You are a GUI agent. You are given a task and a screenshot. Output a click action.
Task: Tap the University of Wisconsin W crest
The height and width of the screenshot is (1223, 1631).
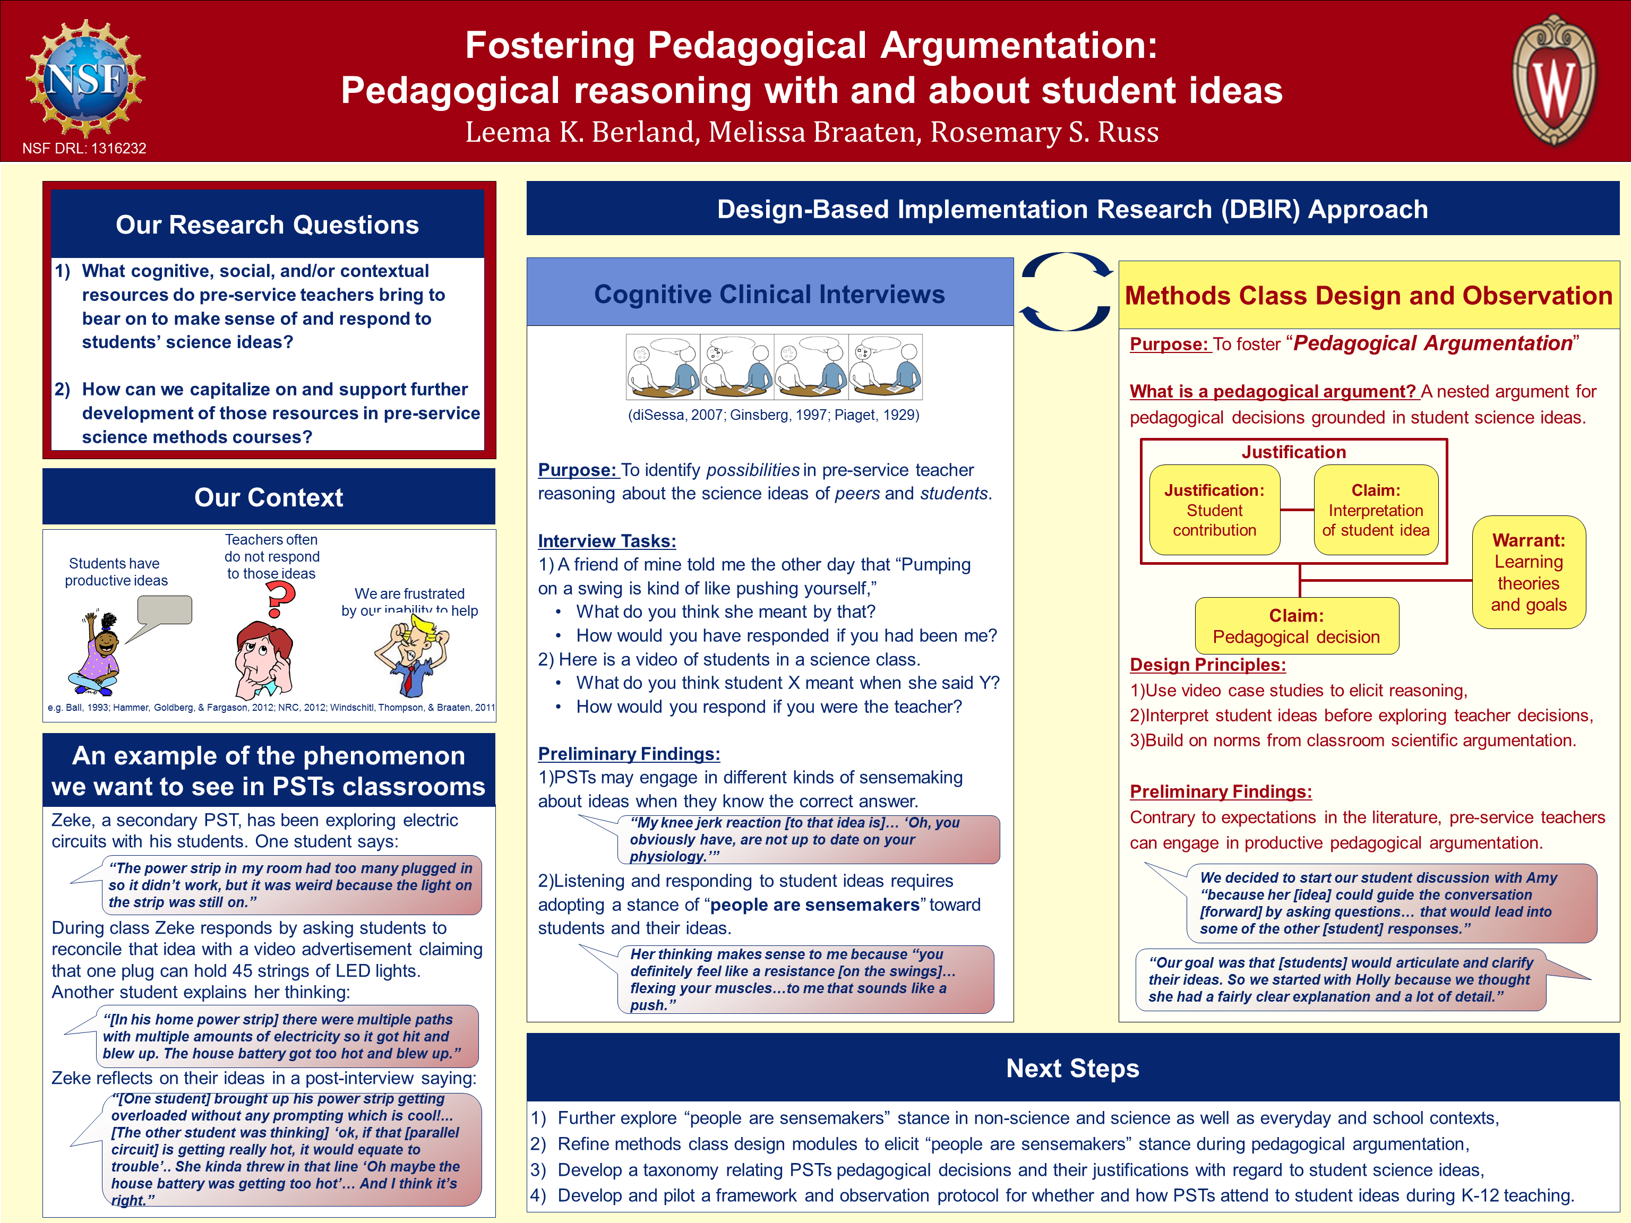click(x=1555, y=80)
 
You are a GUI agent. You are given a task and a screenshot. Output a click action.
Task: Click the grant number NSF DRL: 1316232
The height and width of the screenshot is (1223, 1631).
click(x=84, y=148)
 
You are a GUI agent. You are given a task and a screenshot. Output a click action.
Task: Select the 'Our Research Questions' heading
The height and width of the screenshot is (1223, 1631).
click(x=268, y=225)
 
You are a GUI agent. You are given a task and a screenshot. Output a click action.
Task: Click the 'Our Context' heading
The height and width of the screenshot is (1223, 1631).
click(x=269, y=497)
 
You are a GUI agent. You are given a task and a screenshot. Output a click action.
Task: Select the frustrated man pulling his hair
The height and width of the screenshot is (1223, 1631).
click(x=411, y=656)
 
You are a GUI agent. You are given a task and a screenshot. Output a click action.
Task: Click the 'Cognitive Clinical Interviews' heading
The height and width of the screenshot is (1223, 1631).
click(x=769, y=294)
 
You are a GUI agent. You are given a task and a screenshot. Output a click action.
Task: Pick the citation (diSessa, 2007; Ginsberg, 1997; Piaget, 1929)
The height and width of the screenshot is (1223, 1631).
click(x=774, y=415)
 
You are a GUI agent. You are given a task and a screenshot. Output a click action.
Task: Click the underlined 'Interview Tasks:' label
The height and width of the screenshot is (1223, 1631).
click(x=607, y=541)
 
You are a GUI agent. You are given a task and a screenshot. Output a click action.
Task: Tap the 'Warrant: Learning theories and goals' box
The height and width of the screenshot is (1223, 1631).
click(x=1529, y=572)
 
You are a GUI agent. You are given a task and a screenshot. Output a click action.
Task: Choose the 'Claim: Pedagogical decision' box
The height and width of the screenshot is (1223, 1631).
click(x=1296, y=626)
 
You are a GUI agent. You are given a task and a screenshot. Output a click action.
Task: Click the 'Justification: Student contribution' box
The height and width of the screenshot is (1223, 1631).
click(x=1214, y=510)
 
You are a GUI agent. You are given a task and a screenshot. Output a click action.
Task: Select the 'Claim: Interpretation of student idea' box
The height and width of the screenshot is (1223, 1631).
click(x=1375, y=510)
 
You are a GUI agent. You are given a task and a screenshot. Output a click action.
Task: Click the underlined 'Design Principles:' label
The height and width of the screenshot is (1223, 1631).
click(x=1208, y=665)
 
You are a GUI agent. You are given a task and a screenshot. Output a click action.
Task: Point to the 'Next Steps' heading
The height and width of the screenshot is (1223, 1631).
click(x=1073, y=1068)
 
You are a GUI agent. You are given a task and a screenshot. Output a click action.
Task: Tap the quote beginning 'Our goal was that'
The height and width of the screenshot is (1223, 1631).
click(x=1341, y=980)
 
